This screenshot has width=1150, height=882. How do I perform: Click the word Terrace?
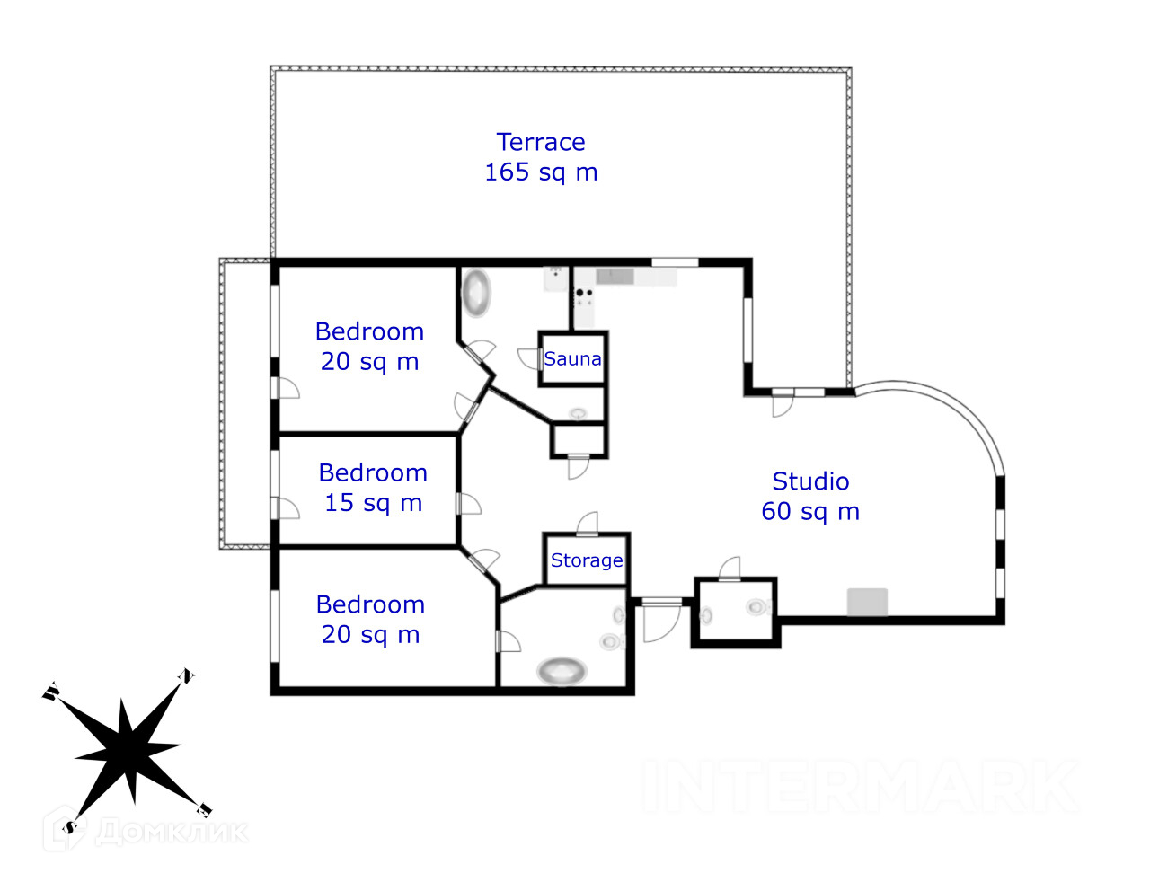(x=541, y=142)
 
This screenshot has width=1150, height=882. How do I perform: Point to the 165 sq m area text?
(x=541, y=172)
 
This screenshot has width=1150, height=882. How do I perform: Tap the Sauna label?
(x=572, y=359)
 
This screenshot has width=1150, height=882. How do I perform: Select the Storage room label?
(x=587, y=560)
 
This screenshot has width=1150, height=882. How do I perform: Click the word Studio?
(x=810, y=481)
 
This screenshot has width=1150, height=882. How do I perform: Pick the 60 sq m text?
(x=810, y=512)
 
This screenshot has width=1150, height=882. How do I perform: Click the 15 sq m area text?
(x=373, y=503)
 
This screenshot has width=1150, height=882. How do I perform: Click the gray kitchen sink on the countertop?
(x=615, y=276)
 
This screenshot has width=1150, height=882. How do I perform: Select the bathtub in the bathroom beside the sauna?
(x=476, y=293)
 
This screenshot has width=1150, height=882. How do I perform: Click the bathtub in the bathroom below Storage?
(x=562, y=670)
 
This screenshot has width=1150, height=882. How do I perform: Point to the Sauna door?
(x=530, y=358)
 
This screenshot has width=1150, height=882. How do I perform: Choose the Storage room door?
(x=588, y=523)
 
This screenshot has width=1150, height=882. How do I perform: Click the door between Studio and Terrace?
(x=783, y=402)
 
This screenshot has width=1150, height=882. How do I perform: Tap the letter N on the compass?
(x=187, y=675)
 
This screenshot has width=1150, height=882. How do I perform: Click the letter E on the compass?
(x=204, y=810)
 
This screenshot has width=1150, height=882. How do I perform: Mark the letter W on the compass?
(x=50, y=692)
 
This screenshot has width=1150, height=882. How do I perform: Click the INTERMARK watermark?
(x=861, y=787)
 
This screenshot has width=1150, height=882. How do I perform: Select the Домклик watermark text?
(x=171, y=831)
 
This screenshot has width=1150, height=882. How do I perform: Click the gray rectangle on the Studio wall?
(x=867, y=602)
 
